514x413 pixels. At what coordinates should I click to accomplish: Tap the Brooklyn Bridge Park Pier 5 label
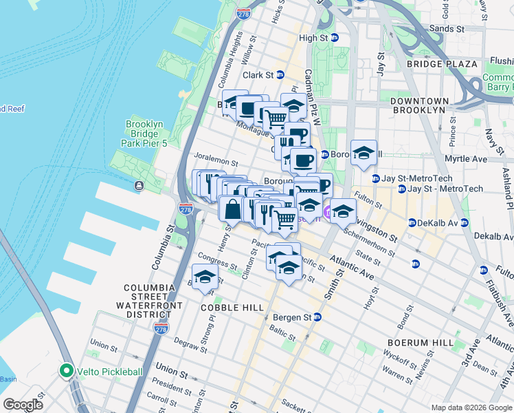tap(144, 134)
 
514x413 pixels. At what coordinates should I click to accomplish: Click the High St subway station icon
tap(335, 38)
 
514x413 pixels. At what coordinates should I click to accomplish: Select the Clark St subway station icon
tap(280, 75)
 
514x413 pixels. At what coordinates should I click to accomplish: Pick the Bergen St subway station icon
tap(317, 317)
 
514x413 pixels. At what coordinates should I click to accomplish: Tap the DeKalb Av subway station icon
tap(412, 223)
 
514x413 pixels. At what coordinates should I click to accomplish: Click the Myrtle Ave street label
tap(470, 159)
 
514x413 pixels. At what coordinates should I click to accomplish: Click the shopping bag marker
tap(232, 209)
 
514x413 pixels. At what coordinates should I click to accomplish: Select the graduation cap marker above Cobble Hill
tap(205, 277)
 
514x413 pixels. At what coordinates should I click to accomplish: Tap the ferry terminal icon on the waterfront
tap(139, 185)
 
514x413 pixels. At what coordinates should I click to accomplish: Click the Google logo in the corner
tap(23, 405)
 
